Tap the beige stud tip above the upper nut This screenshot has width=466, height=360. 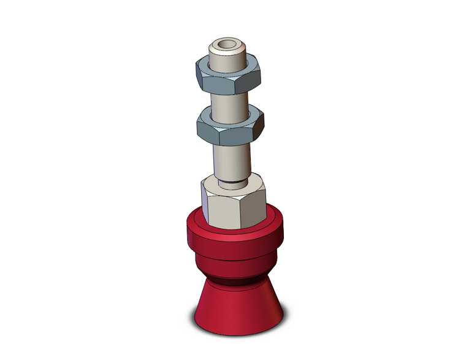228,56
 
